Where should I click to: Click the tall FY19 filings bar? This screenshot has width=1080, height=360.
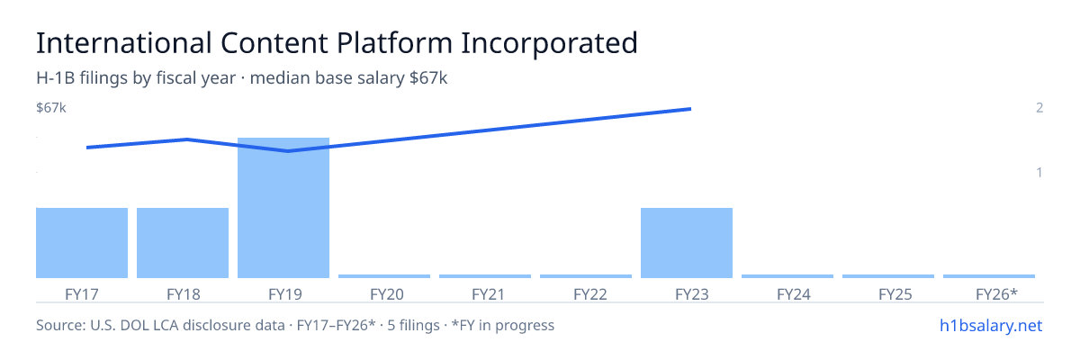[x=283, y=208]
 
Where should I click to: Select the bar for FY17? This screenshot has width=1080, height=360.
[x=82, y=243]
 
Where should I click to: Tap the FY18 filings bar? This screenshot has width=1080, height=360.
[x=183, y=243]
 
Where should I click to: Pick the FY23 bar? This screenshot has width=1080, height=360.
[x=687, y=243]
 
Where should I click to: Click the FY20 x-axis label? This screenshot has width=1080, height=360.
[x=387, y=294]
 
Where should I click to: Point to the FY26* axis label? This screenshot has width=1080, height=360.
[x=996, y=294]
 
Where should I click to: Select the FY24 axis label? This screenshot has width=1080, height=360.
[x=794, y=294]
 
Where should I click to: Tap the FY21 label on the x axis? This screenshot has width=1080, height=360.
[x=488, y=294]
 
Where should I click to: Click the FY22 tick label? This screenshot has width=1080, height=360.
[x=590, y=294]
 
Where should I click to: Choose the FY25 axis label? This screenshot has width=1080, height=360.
[x=895, y=294]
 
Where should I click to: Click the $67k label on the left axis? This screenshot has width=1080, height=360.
[x=51, y=107]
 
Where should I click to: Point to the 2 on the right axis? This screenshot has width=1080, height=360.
[x=1039, y=107]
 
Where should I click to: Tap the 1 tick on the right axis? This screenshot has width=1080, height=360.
[x=1039, y=172]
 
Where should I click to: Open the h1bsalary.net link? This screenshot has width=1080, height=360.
[x=991, y=326]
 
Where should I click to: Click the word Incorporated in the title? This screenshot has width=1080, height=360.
[x=549, y=43]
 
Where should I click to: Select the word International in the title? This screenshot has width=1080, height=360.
[x=124, y=43]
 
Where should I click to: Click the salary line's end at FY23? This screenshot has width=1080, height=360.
[x=690, y=109]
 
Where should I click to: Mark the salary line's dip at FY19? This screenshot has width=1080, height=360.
[x=288, y=151]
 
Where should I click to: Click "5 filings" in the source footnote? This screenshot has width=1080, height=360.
[x=413, y=326]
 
